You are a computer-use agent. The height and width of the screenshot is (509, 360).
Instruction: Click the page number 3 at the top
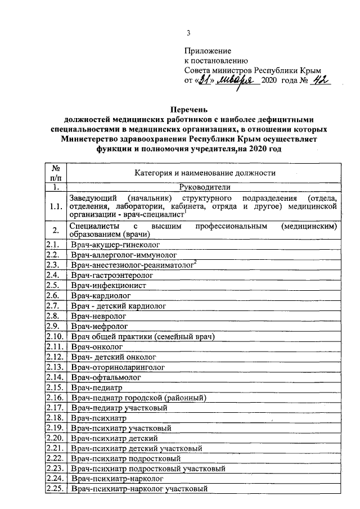point(188,33)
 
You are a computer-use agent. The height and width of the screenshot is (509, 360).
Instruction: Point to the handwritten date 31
point(206,82)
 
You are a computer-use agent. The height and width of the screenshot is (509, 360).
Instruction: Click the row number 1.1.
point(56,206)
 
